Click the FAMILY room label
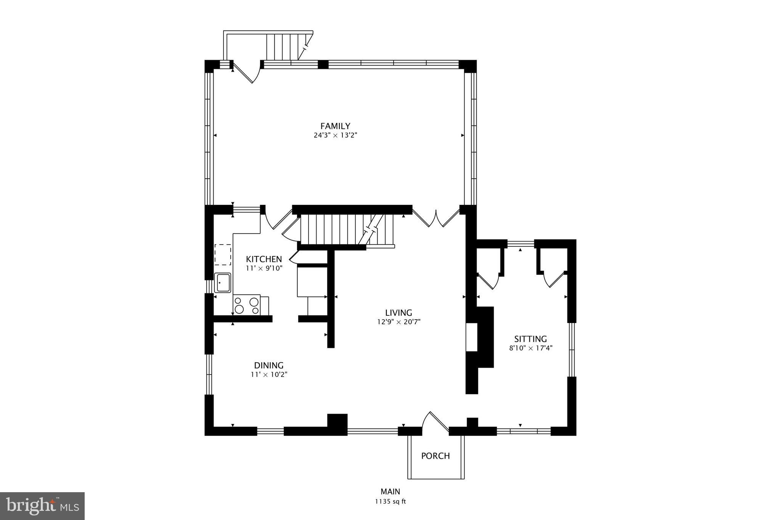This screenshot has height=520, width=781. pyautogui.click(x=335, y=126)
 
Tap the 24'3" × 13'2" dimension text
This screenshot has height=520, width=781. pyautogui.click(x=335, y=135)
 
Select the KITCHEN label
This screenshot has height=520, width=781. pyautogui.click(x=264, y=259)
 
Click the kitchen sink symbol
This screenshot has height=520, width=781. pyautogui.click(x=222, y=283)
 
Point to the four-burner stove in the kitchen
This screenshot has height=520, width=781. pyautogui.click(x=246, y=305)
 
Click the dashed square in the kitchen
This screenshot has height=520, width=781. pyautogui.click(x=223, y=255)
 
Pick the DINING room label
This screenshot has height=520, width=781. pyautogui.click(x=269, y=365)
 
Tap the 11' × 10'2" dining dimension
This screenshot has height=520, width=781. pyautogui.click(x=269, y=374)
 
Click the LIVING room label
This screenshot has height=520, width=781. pyautogui.click(x=399, y=313)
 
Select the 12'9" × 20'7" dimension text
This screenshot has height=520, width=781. pyautogui.click(x=399, y=322)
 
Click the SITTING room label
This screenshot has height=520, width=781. pyautogui.click(x=530, y=339)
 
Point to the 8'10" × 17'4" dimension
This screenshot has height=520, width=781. pyautogui.click(x=530, y=348)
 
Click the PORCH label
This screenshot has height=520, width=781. pyautogui.click(x=435, y=456)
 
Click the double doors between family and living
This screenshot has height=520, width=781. pyautogui.click(x=436, y=219)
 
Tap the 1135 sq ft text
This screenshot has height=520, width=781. pyautogui.click(x=390, y=502)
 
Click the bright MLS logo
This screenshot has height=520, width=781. pyautogui.click(x=42, y=506)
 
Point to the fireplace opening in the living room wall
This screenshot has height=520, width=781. pyautogui.click(x=472, y=337)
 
